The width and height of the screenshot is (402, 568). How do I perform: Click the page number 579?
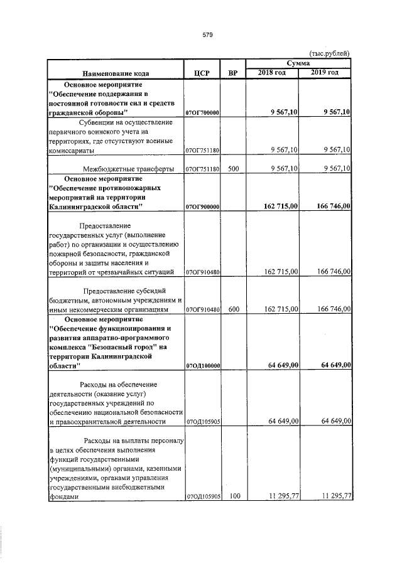tap(208, 35)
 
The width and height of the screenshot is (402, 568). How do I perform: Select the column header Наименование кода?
tap(115, 73)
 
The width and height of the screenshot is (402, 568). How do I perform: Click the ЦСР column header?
tap(202, 73)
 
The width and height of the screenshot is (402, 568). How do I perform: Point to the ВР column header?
tap(232, 73)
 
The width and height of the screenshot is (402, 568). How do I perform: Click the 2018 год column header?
tap(272, 73)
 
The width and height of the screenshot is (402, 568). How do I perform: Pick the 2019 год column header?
tap(325, 73)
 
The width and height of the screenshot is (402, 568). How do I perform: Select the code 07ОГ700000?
tap(202, 112)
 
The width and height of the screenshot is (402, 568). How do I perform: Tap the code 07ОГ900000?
tap(202, 206)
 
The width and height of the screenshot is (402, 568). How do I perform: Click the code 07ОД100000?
tap(202, 365)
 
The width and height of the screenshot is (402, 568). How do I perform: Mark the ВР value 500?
tap(233, 169)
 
